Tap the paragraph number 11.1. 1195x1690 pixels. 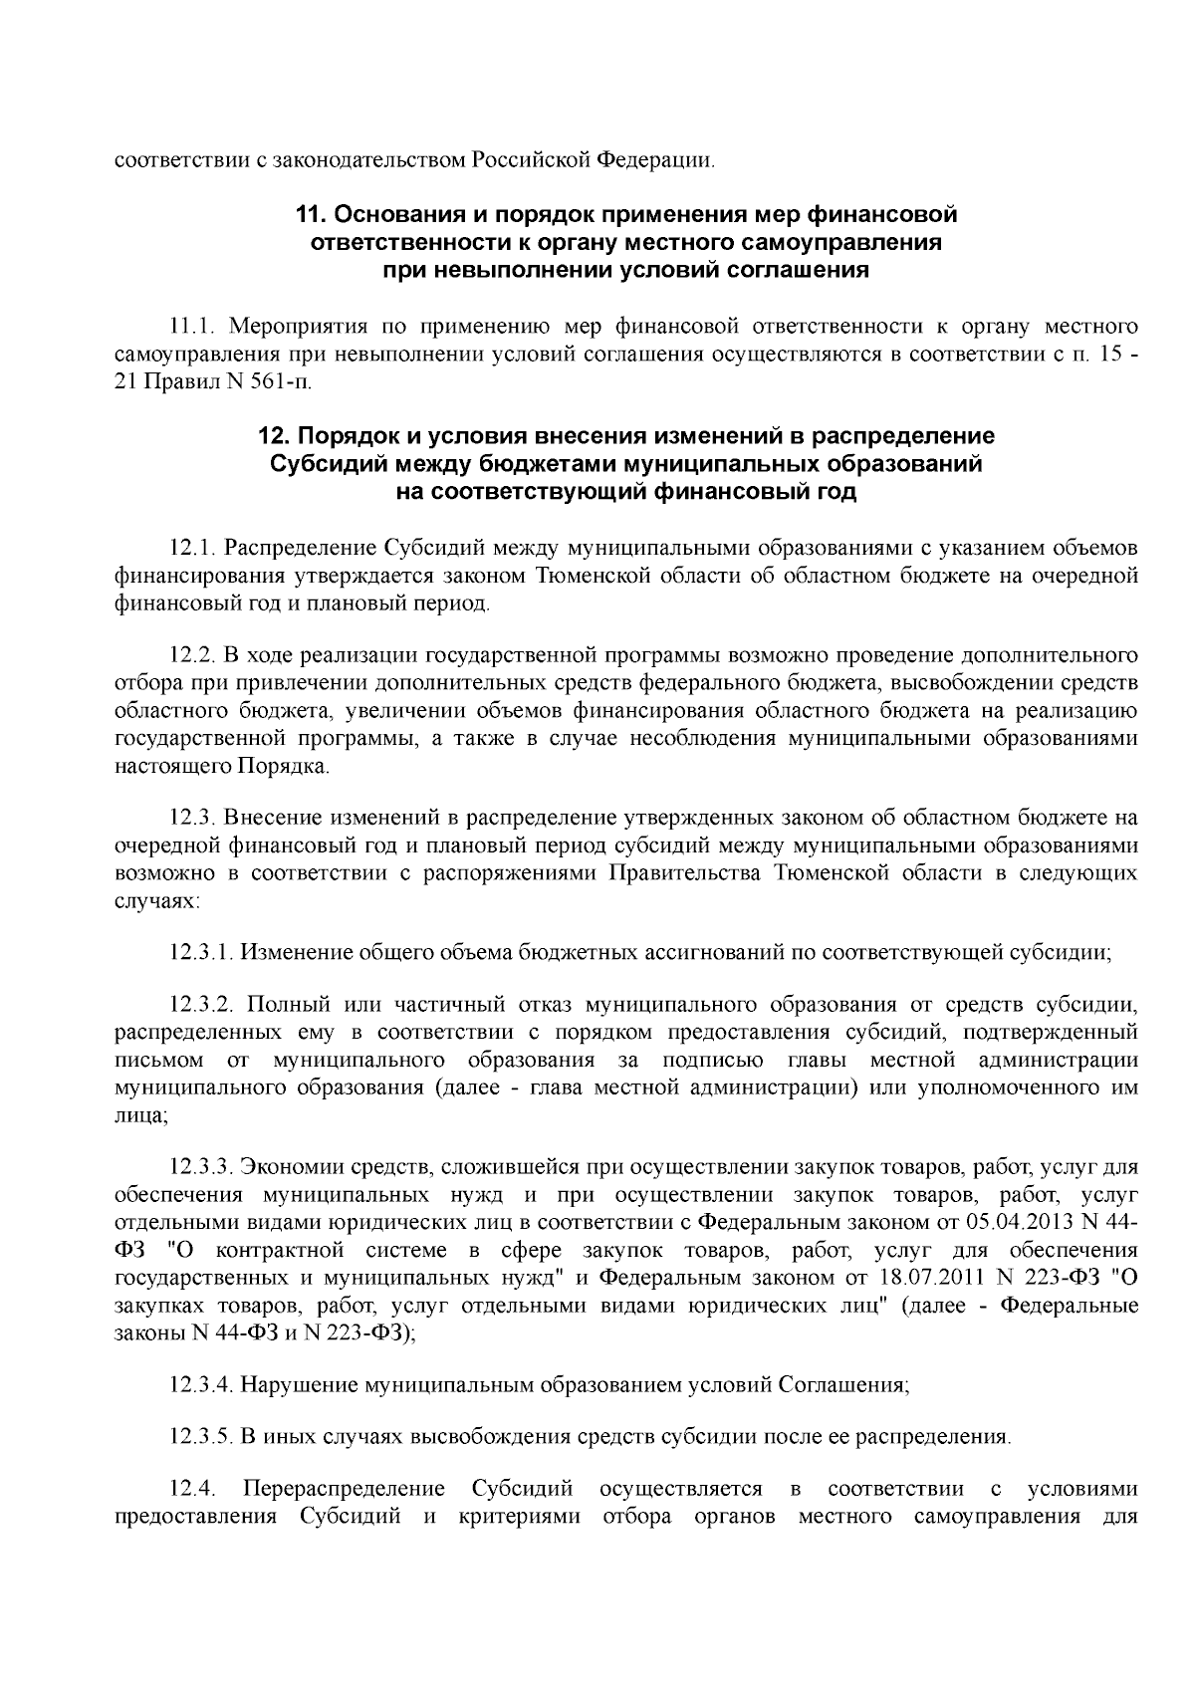click(190, 326)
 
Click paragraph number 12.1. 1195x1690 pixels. click(192, 548)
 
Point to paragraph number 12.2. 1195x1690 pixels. click(192, 655)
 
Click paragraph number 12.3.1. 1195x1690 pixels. click(201, 951)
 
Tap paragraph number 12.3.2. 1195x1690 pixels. click(201, 1004)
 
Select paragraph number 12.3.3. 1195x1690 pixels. click(201, 1166)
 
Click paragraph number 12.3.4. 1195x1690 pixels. click(201, 1384)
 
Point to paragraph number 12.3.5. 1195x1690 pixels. click(201, 1437)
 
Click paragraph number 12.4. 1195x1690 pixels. click(192, 1490)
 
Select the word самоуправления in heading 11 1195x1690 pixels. click(833, 242)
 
